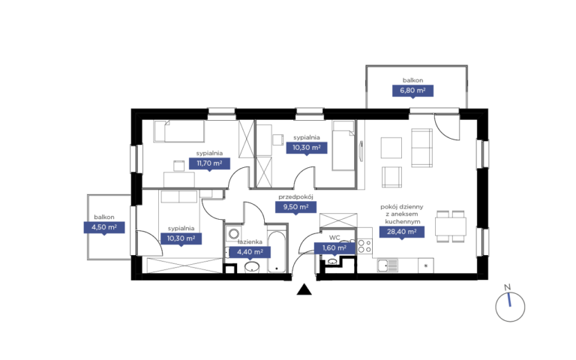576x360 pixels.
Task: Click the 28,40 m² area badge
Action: [x=401, y=232]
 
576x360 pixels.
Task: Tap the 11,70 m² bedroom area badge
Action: [x=209, y=163]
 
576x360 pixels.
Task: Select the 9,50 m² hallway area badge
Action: [x=295, y=207]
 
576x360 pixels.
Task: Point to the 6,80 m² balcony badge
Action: [x=412, y=91]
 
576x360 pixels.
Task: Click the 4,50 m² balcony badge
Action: [x=104, y=227]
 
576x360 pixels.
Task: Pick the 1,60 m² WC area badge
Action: [x=334, y=248]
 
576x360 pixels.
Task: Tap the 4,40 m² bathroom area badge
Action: [x=250, y=252]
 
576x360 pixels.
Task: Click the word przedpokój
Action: [x=295, y=197]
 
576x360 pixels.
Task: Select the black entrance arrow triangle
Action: [x=304, y=289]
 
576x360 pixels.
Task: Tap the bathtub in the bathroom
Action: [x=277, y=251]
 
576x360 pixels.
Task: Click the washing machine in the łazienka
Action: [x=233, y=234]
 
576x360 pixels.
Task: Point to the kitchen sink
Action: [x=388, y=265]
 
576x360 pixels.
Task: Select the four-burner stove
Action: [x=364, y=247]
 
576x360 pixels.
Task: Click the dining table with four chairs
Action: [x=450, y=226]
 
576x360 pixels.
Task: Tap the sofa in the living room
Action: [x=421, y=148]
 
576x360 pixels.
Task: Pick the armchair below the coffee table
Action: [x=392, y=177]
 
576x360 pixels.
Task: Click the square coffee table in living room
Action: [x=391, y=148]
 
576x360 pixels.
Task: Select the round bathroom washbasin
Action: [x=252, y=267]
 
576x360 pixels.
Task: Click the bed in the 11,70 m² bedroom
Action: [x=179, y=131]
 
